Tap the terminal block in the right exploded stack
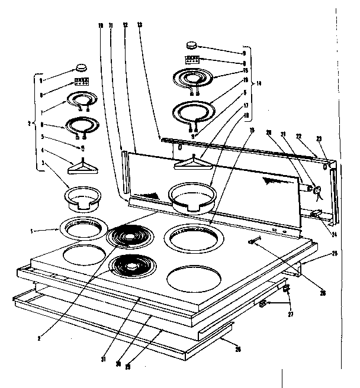(191, 60)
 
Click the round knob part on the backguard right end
(316, 189)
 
